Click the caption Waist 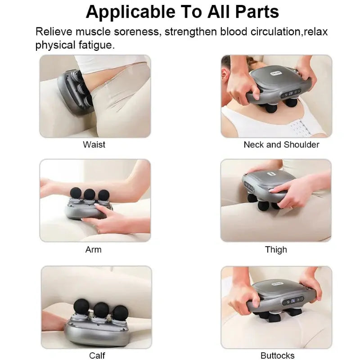coord(94,144)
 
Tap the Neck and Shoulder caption coord(281,144)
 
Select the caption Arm coord(93,249)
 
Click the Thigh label coord(276,249)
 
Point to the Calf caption coord(97,355)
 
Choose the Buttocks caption coord(277,355)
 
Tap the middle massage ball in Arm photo coord(90,194)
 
